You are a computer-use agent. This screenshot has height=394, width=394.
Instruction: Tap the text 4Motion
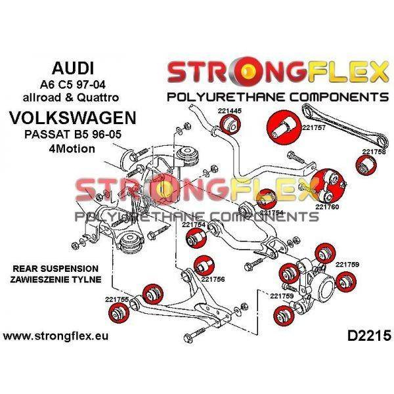tap(72, 148)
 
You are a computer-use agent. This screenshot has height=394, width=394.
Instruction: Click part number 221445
tap(229, 111)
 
